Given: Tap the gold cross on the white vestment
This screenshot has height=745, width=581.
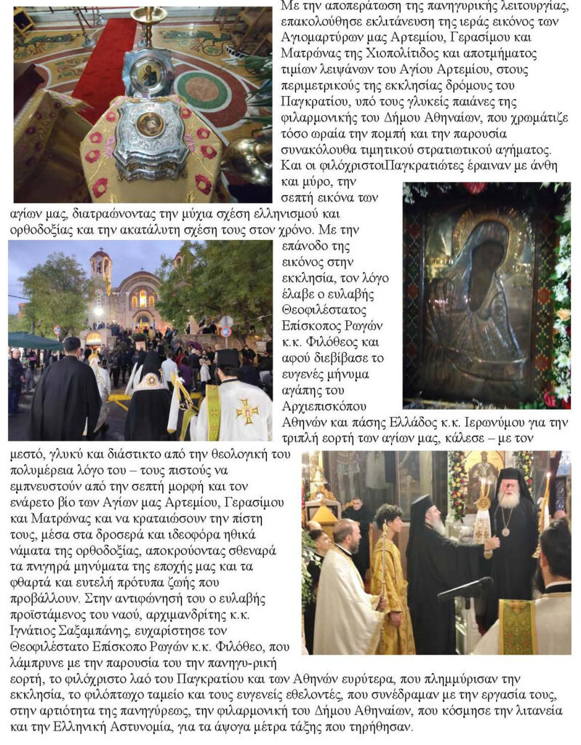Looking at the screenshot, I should tap(247, 412).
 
